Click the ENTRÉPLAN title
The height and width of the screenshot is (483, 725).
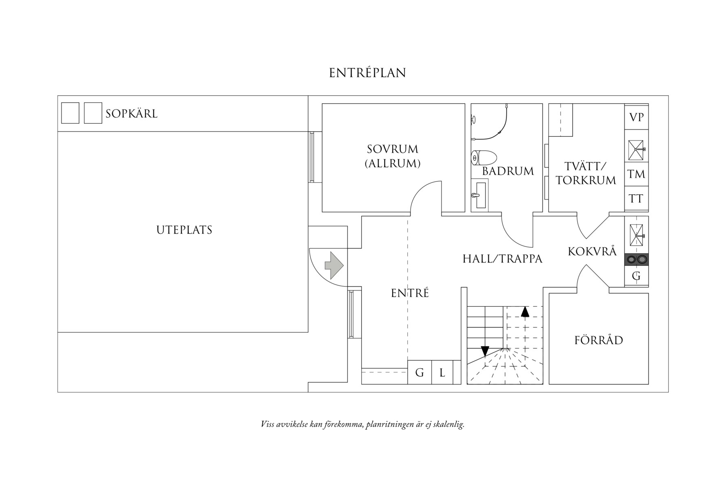[367, 73]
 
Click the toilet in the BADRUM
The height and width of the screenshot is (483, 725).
[484, 157]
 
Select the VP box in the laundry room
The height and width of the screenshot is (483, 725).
[636, 118]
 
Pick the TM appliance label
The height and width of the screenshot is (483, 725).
[636, 175]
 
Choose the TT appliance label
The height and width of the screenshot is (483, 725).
[636, 199]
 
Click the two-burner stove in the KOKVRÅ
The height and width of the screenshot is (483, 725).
[637, 259]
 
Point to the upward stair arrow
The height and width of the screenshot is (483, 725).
[525, 312]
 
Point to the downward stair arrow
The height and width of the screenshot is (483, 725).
[485, 351]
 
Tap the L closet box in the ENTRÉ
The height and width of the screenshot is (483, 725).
[442, 372]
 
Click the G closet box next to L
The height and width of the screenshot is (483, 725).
[420, 372]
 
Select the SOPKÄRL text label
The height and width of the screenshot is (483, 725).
[132, 114]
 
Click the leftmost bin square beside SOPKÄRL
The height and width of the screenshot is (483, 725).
[70, 113]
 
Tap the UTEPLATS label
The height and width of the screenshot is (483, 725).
[185, 230]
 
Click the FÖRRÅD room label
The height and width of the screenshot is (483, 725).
[599, 340]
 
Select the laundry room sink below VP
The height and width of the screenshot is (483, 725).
[636, 150]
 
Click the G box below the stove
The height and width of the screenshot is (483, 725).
[636, 276]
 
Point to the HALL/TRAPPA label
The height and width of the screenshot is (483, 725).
[502, 259]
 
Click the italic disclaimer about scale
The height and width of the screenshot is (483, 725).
[362, 424]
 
